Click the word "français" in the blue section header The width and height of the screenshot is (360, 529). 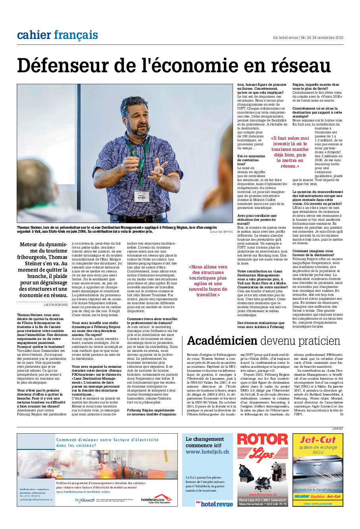click(76, 35)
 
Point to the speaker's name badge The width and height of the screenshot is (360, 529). click(142, 197)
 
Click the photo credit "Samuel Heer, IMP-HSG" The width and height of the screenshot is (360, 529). click(221, 231)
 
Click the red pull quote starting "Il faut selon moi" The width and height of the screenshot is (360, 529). click(290, 152)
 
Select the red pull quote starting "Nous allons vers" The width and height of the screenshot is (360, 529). click(208, 281)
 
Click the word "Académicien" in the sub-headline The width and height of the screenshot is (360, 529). click(222, 341)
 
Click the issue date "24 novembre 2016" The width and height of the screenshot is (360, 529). click(328, 38)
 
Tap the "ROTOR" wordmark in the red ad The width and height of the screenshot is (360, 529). click(262, 440)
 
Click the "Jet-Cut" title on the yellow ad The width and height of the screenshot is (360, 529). click(318, 440)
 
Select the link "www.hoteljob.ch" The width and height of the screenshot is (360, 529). click(207, 452)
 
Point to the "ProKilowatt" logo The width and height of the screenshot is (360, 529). click(85, 500)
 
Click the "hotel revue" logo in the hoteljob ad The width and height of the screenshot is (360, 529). click(214, 504)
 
